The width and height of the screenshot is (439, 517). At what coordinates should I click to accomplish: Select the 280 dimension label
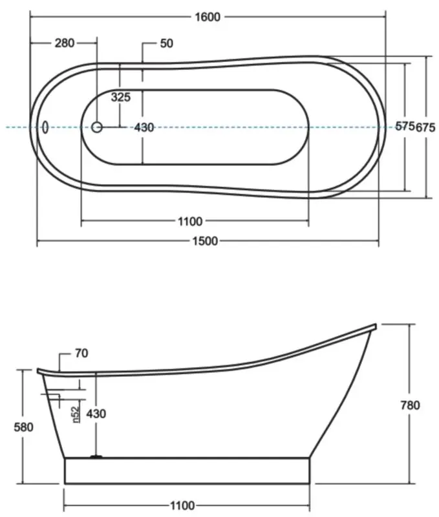coord(64,43)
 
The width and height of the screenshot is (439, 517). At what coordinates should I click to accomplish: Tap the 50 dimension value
coord(166,43)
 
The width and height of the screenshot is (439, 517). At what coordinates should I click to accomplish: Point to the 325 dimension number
coord(121,98)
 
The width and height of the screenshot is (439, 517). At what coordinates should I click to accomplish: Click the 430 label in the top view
coord(144,127)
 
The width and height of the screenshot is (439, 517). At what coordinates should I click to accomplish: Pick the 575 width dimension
coord(404,127)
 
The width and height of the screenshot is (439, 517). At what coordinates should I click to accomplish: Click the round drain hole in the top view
coord(97,127)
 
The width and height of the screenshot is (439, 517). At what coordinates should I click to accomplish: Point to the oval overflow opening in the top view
coord(45,127)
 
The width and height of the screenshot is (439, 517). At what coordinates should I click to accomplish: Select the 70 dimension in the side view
coord(81,353)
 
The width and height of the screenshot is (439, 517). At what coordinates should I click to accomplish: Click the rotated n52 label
coord(76,414)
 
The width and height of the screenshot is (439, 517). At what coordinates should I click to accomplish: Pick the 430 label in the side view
coord(96,414)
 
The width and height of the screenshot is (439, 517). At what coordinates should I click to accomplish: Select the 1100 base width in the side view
coord(186,505)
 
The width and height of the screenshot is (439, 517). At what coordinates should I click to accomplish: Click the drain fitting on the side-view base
coord(96,457)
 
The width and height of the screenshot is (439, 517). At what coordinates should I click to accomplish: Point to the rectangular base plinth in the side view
coord(187,470)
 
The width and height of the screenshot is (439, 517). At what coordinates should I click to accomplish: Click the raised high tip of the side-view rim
coord(374,325)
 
